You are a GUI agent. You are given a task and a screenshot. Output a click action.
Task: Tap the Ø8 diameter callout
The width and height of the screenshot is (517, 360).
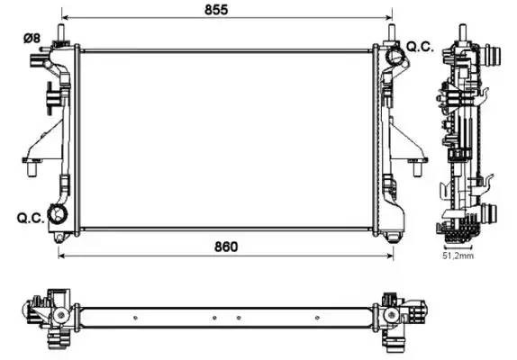[31, 38]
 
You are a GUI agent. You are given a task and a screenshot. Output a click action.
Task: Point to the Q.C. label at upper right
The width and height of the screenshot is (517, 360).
[420, 46]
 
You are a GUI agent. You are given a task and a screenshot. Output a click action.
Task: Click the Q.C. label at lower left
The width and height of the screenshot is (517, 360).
[30, 217]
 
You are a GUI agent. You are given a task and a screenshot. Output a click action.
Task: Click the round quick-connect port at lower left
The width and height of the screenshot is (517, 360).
[60, 214]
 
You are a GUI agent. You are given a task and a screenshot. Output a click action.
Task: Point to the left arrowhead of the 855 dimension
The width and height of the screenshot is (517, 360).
[63, 18]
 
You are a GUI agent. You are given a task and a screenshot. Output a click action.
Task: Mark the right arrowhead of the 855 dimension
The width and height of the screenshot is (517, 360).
[391, 18]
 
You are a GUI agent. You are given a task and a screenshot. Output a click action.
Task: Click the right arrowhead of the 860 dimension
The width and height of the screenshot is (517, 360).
[391, 256]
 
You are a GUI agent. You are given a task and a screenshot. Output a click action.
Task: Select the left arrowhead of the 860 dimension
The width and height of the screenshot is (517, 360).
[61, 256]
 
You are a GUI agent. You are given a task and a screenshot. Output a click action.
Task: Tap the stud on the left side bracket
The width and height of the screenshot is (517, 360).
[31, 163]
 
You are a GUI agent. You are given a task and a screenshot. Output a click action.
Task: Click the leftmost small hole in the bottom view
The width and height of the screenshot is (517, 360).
[135, 318]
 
